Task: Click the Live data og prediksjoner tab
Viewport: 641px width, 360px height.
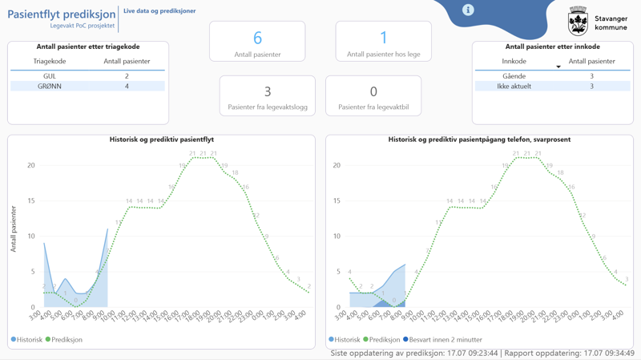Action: (159, 11)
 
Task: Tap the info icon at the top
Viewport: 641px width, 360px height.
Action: (468, 10)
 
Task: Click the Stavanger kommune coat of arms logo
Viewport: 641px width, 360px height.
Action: (578, 22)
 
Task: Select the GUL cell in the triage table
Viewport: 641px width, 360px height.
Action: (50, 76)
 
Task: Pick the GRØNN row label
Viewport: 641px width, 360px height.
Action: (50, 86)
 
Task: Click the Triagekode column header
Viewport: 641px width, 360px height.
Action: (50, 61)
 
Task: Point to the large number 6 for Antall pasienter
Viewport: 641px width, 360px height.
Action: (257, 38)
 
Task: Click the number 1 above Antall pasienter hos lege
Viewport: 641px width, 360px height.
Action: (383, 38)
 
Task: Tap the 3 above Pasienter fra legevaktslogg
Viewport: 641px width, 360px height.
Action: (268, 91)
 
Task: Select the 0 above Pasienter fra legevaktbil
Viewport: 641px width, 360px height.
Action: (373, 91)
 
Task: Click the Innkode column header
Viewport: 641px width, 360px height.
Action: (514, 61)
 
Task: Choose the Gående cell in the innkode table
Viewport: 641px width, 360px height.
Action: (514, 76)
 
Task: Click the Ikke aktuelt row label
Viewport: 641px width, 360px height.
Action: (514, 86)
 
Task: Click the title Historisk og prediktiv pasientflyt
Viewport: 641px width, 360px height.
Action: (161, 140)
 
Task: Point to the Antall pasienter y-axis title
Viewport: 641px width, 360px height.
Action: (14, 229)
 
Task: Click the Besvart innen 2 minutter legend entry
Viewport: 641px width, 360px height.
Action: (443, 340)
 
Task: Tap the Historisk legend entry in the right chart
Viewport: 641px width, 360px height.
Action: (345, 340)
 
